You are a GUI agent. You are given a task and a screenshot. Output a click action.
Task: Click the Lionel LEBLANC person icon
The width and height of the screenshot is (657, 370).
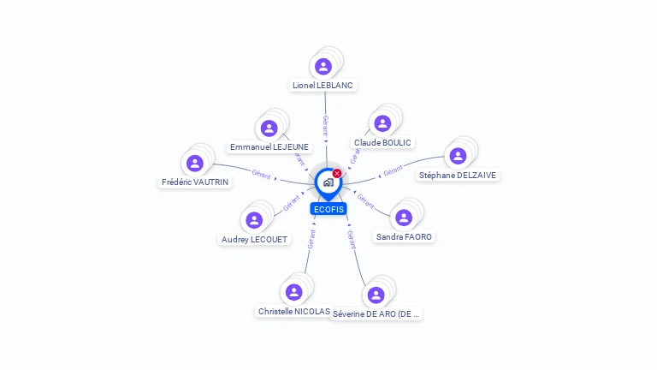pos(323,66)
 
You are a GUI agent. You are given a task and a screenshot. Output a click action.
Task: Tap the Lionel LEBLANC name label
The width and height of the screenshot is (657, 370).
pos(323,86)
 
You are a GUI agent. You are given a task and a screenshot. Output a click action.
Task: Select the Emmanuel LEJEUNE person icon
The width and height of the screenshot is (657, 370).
pos(269,128)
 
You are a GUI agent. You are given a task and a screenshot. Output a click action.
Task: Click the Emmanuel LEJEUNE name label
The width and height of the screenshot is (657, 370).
pos(269,147)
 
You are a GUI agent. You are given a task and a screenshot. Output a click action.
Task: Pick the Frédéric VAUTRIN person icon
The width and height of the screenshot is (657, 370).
pos(195,163)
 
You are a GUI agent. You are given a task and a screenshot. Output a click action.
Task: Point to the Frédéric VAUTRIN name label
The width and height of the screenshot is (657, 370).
pos(195,182)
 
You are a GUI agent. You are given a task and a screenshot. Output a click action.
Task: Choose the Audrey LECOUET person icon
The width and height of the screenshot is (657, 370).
pos(254,220)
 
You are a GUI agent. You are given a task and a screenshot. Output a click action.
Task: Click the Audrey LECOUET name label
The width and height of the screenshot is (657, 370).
pos(254,240)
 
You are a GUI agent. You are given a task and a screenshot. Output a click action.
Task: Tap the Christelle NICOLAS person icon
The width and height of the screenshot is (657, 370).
pos(293,292)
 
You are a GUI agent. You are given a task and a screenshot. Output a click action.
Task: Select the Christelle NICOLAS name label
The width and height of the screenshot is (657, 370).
pos(293,312)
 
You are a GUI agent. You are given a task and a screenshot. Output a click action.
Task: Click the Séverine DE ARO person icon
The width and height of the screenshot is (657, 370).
pos(376,295)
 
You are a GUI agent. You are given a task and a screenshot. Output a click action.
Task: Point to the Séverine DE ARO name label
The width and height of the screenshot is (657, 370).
pos(376,314)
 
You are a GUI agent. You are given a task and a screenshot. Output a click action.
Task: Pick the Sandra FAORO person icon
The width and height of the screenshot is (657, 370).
pos(404,217)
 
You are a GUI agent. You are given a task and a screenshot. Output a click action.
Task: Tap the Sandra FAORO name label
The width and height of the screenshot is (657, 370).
pos(404,236)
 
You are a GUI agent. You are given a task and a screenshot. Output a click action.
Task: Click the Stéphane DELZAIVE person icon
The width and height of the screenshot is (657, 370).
pos(458,155)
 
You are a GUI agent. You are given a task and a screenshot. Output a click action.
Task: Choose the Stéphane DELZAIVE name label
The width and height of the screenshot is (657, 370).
pos(457,175)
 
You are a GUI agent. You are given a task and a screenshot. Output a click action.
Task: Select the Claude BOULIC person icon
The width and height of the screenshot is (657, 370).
pos(382,123)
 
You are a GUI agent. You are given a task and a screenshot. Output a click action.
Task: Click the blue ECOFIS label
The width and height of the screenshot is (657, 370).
pos(328,209)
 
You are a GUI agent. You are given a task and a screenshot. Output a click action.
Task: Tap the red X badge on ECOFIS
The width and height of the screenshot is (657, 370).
pos(337,174)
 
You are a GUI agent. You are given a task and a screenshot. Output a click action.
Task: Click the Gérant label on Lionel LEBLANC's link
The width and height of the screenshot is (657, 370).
pos(325,125)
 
